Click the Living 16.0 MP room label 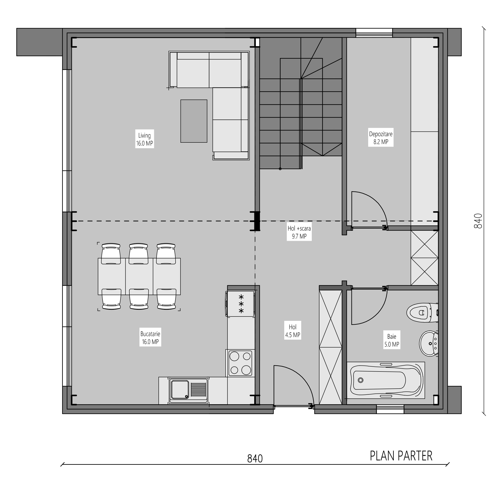point(145,139)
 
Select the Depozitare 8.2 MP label point(381,138)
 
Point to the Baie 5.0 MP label point(391,340)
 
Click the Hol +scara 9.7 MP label point(299,232)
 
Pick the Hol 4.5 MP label point(293,331)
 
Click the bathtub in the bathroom point(386,380)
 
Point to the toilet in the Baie point(422,312)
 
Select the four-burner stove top point(240,363)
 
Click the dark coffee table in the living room point(194,121)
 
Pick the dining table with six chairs point(139,276)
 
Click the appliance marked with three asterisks point(240,303)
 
